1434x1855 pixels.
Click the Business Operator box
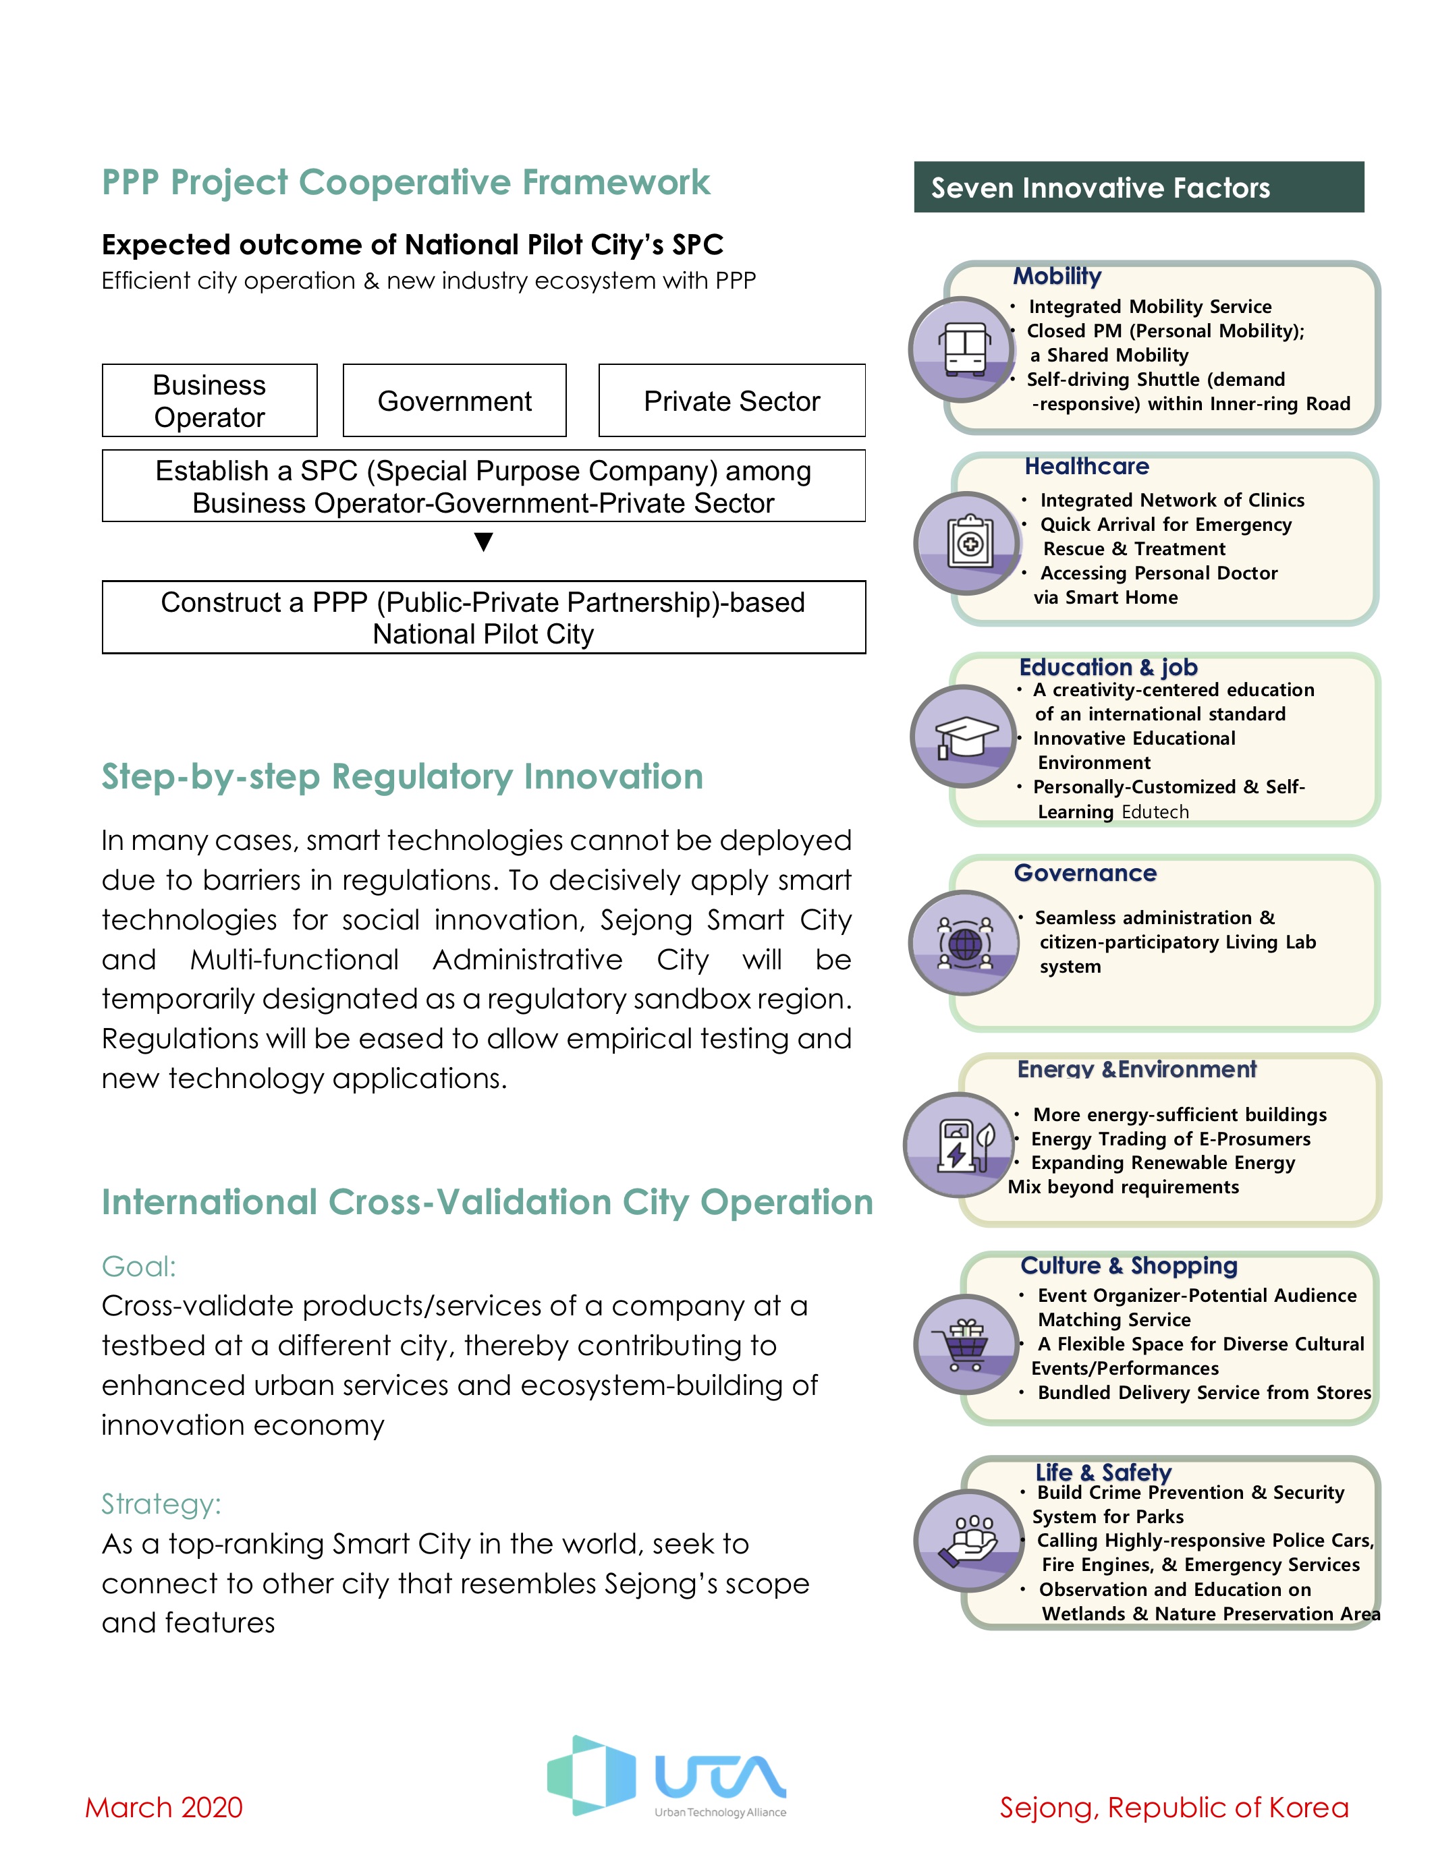[x=210, y=400]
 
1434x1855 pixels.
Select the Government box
[x=455, y=400]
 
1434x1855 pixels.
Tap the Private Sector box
[x=732, y=400]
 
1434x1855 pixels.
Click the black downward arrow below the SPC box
[x=483, y=542]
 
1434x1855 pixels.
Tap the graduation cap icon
[x=965, y=735]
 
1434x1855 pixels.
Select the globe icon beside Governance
[x=964, y=943]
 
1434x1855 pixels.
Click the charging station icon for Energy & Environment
[x=960, y=1145]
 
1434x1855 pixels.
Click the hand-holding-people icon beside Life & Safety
[x=968, y=1540]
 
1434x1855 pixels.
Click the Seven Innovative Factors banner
[x=1138, y=187]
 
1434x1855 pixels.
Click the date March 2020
[x=164, y=1807]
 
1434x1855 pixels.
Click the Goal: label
[x=138, y=1266]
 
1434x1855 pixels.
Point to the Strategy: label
[x=161, y=1504]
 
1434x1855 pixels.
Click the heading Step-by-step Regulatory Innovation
[x=403, y=777]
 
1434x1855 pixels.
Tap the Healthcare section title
[x=1086, y=466]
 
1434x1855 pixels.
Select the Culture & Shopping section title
[x=1129, y=1265]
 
